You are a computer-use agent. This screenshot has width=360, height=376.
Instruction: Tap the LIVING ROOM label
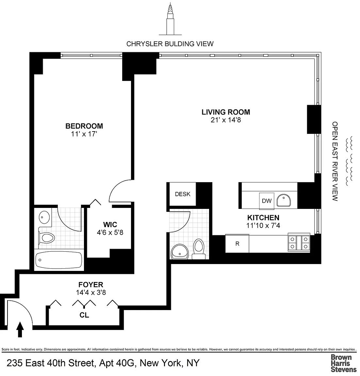[x=226, y=112]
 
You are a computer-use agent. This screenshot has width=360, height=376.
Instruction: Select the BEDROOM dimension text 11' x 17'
[x=84, y=134]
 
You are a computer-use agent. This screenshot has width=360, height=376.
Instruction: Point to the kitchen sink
[x=284, y=200]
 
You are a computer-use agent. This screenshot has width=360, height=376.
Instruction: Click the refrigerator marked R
[x=237, y=243]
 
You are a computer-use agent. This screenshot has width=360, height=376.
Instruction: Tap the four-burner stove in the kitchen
[x=299, y=243]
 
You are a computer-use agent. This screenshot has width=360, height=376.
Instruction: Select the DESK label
[x=183, y=194]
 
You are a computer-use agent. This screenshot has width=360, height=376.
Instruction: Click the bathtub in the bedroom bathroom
[x=58, y=260]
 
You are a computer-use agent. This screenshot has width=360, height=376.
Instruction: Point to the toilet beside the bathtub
[x=47, y=238]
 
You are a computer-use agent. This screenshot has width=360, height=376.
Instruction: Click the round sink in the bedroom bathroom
[x=44, y=217]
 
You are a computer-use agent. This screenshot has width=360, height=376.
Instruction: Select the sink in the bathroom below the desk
[x=180, y=251]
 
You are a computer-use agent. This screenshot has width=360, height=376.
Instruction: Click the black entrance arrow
[x=20, y=330]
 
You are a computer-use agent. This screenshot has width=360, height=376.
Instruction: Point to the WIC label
[x=110, y=225]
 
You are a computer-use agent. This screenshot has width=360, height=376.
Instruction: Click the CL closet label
[x=84, y=315]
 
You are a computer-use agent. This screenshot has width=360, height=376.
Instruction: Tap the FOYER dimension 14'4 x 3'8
[x=91, y=292]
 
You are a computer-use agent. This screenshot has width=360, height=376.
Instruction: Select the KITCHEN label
[x=263, y=218]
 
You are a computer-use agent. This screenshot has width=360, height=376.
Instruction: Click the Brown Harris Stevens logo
[x=343, y=363]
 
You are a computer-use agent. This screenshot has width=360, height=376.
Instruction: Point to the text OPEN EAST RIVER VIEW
[x=335, y=161]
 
